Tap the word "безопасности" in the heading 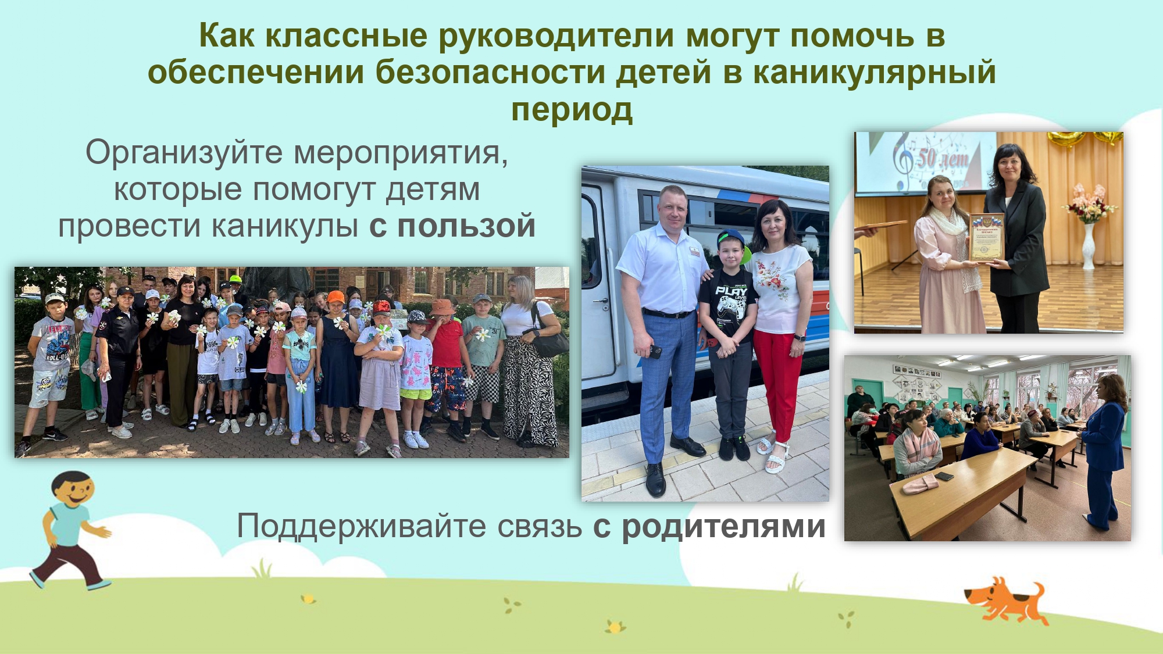pos(490,73)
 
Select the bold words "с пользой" pos(452,226)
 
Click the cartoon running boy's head pos(72,489)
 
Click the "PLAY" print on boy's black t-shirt pos(731,290)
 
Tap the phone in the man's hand pos(655,351)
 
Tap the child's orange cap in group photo pos(336,297)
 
